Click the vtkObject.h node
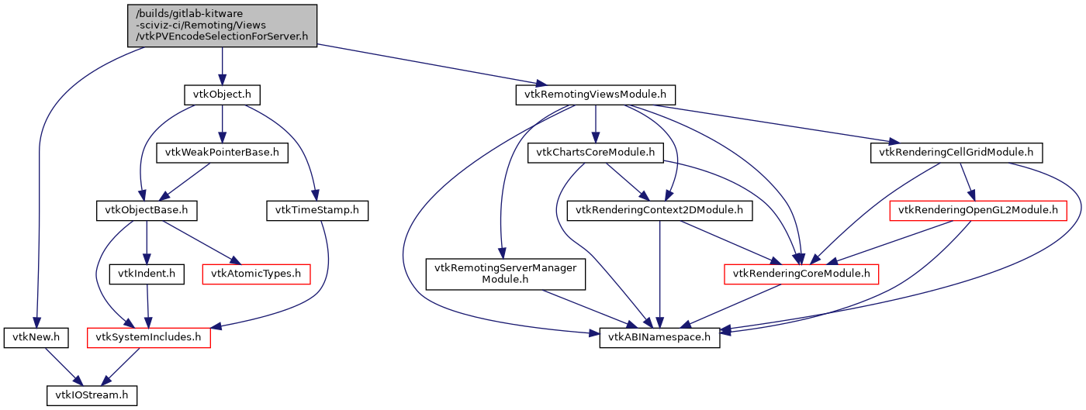[222, 95]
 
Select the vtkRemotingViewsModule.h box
[595, 95]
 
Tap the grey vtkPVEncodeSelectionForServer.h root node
[222, 26]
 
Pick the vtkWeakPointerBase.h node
[222, 153]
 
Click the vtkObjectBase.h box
[147, 210]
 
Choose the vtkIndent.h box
[147, 274]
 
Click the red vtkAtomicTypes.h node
[256, 274]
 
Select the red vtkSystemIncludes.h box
[148, 337]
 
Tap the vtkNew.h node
[36, 337]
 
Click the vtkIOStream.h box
[92, 395]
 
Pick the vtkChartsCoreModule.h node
[595, 153]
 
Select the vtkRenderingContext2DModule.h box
[660, 210]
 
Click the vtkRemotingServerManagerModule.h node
[505, 274]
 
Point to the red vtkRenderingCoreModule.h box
[801, 274]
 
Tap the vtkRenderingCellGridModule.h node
[956, 153]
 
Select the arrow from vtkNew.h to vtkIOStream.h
[62, 365]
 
